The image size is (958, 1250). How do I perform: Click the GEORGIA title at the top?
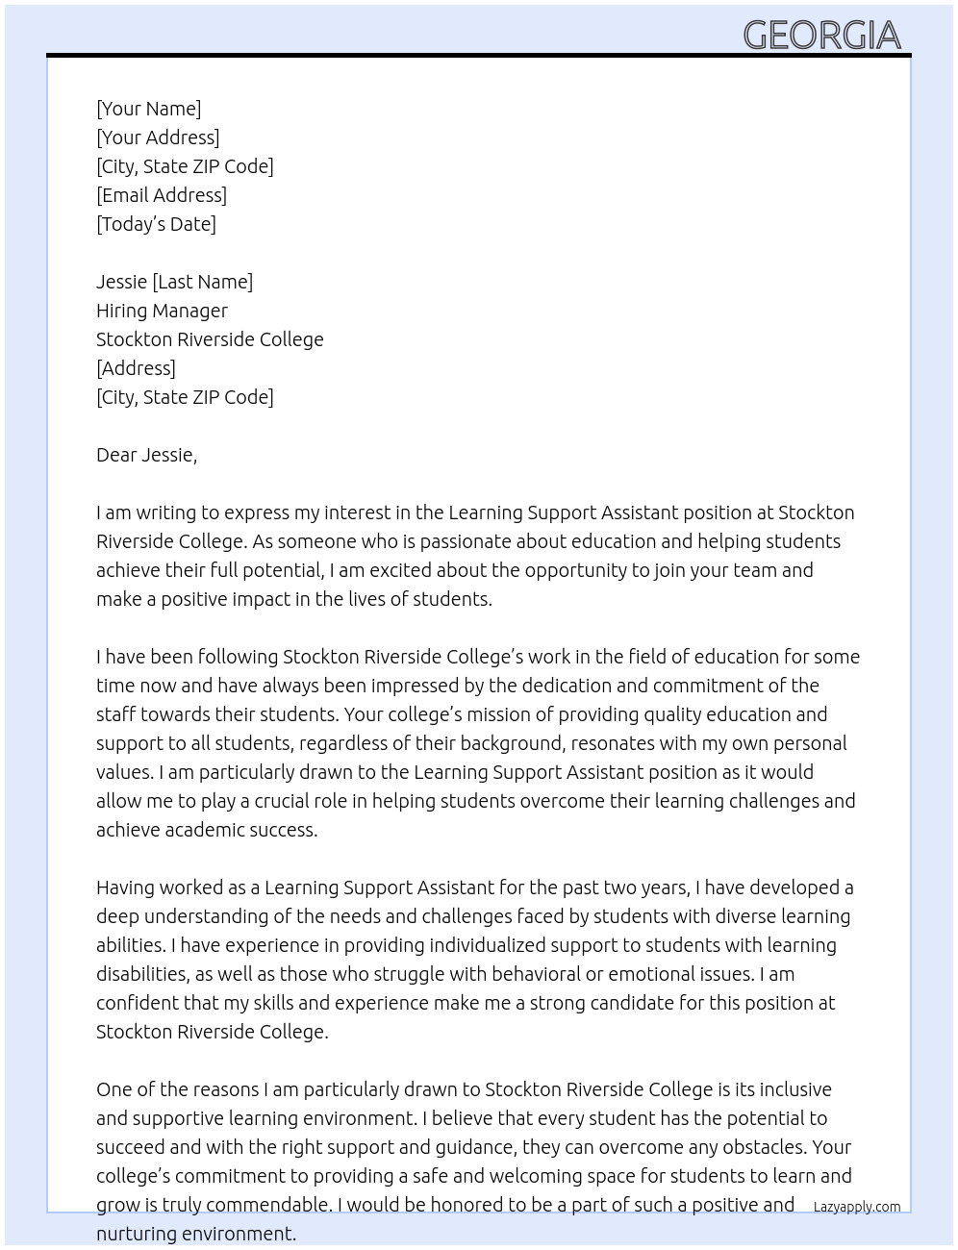(821, 36)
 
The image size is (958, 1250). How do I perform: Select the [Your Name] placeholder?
(148, 109)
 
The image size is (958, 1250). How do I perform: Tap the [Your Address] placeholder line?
(158, 137)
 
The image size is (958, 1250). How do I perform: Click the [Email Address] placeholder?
(162, 195)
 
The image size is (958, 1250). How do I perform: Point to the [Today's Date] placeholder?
(156, 224)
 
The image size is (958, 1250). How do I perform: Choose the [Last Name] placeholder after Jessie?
(202, 282)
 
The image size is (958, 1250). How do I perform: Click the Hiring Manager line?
(162, 311)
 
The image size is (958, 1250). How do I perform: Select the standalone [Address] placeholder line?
(136, 368)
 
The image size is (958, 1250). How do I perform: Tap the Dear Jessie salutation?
(146, 455)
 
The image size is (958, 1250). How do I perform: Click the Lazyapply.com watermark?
(856, 1207)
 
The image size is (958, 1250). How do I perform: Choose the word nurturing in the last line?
(135, 1234)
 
